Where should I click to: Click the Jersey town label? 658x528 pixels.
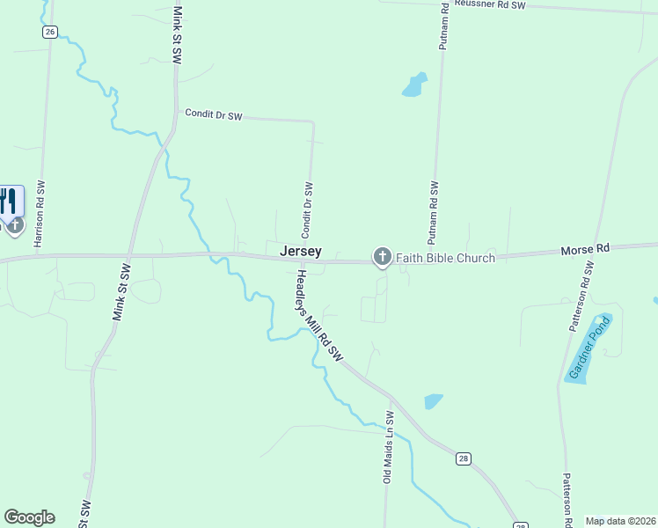pos(301,252)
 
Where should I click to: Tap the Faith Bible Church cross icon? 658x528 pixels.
pos(382,257)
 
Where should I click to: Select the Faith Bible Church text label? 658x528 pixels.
pos(444,258)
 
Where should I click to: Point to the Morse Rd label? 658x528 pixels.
pos(585,251)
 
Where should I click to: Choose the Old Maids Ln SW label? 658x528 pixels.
pos(386,446)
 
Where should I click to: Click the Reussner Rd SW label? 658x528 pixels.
pos(489,5)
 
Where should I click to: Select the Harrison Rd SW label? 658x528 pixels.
pos(39,214)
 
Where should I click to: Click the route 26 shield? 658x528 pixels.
pos(49,32)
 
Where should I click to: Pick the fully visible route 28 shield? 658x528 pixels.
pos(464,458)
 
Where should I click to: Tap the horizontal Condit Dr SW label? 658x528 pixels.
pos(213,114)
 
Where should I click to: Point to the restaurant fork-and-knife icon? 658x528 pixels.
pos(10,202)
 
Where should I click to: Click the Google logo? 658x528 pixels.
pos(29,517)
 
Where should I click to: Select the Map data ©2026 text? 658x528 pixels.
pos(620,521)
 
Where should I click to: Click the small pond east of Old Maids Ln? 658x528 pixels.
pos(433,401)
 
